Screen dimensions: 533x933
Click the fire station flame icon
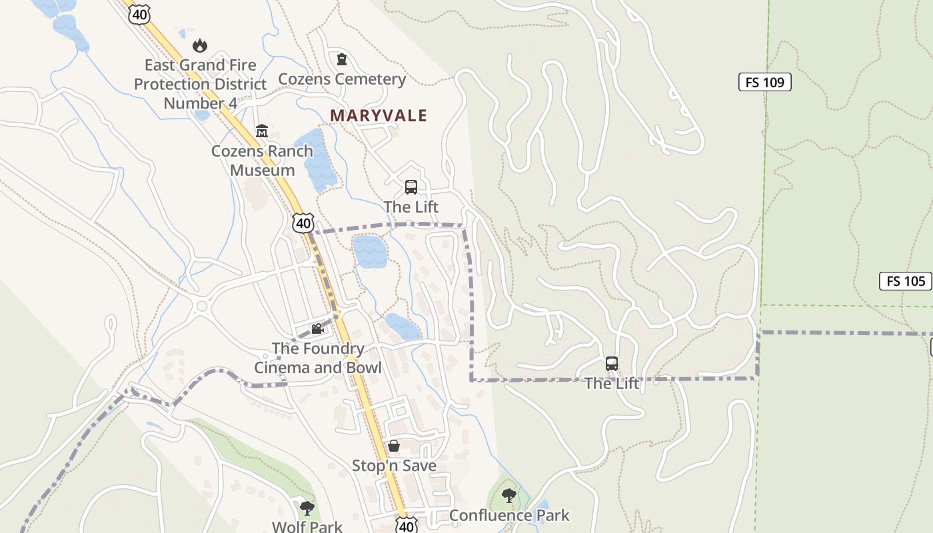(199, 45)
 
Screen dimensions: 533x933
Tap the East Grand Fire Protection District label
(201, 84)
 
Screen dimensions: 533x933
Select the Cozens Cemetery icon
(342, 60)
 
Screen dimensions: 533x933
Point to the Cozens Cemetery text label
(342, 79)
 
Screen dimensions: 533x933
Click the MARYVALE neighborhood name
(379, 115)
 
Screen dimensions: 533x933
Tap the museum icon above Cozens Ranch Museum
(262, 131)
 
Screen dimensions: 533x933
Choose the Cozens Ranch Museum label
(262, 161)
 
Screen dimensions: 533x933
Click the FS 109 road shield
(764, 83)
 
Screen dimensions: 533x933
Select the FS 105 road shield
(905, 281)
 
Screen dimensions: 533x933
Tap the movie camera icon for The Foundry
(317, 329)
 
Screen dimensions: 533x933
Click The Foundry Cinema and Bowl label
(318, 358)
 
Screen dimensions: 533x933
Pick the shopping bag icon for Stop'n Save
(394, 446)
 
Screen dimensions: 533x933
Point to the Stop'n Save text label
(394, 466)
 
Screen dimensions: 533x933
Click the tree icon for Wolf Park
(307, 509)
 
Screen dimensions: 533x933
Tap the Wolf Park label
(307, 526)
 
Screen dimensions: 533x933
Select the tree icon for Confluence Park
(509, 496)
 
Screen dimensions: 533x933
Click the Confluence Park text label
(509, 515)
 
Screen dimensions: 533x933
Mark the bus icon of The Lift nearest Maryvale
(411, 187)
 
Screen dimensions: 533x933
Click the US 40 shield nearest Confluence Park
(406, 525)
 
